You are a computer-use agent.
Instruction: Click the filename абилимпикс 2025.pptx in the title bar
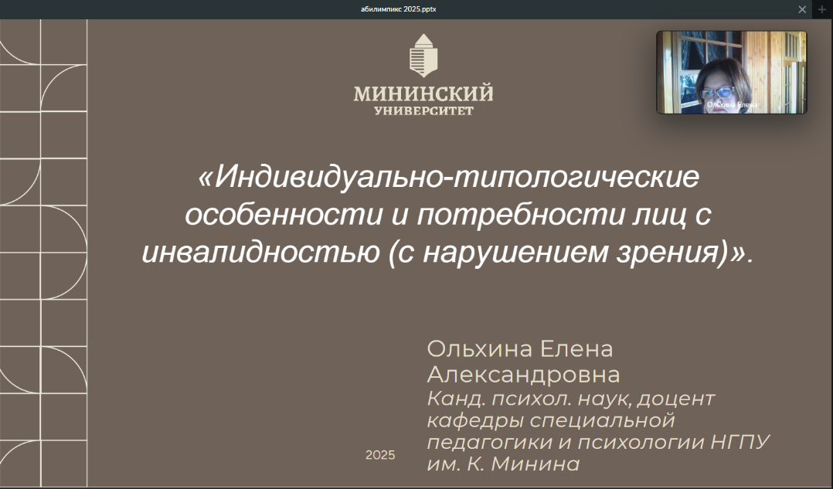coord(399,9)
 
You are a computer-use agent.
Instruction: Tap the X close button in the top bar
coord(802,9)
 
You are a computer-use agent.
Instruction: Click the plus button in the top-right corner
coord(823,9)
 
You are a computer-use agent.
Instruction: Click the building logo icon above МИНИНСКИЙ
coord(423,56)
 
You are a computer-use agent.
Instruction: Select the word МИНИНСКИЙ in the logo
coord(423,94)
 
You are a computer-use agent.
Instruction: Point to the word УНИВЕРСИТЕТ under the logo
coord(423,110)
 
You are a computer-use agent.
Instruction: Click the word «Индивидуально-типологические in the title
coord(448,177)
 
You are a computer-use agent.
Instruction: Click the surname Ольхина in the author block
coord(480,349)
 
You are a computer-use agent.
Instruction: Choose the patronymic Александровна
coord(524,375)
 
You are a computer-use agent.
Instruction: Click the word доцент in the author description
coord(676,399)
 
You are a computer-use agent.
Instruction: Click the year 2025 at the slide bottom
coord(380,455)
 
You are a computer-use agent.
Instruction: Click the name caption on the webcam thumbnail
coord(732,105)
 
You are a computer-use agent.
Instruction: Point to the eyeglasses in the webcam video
coord(719,93)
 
